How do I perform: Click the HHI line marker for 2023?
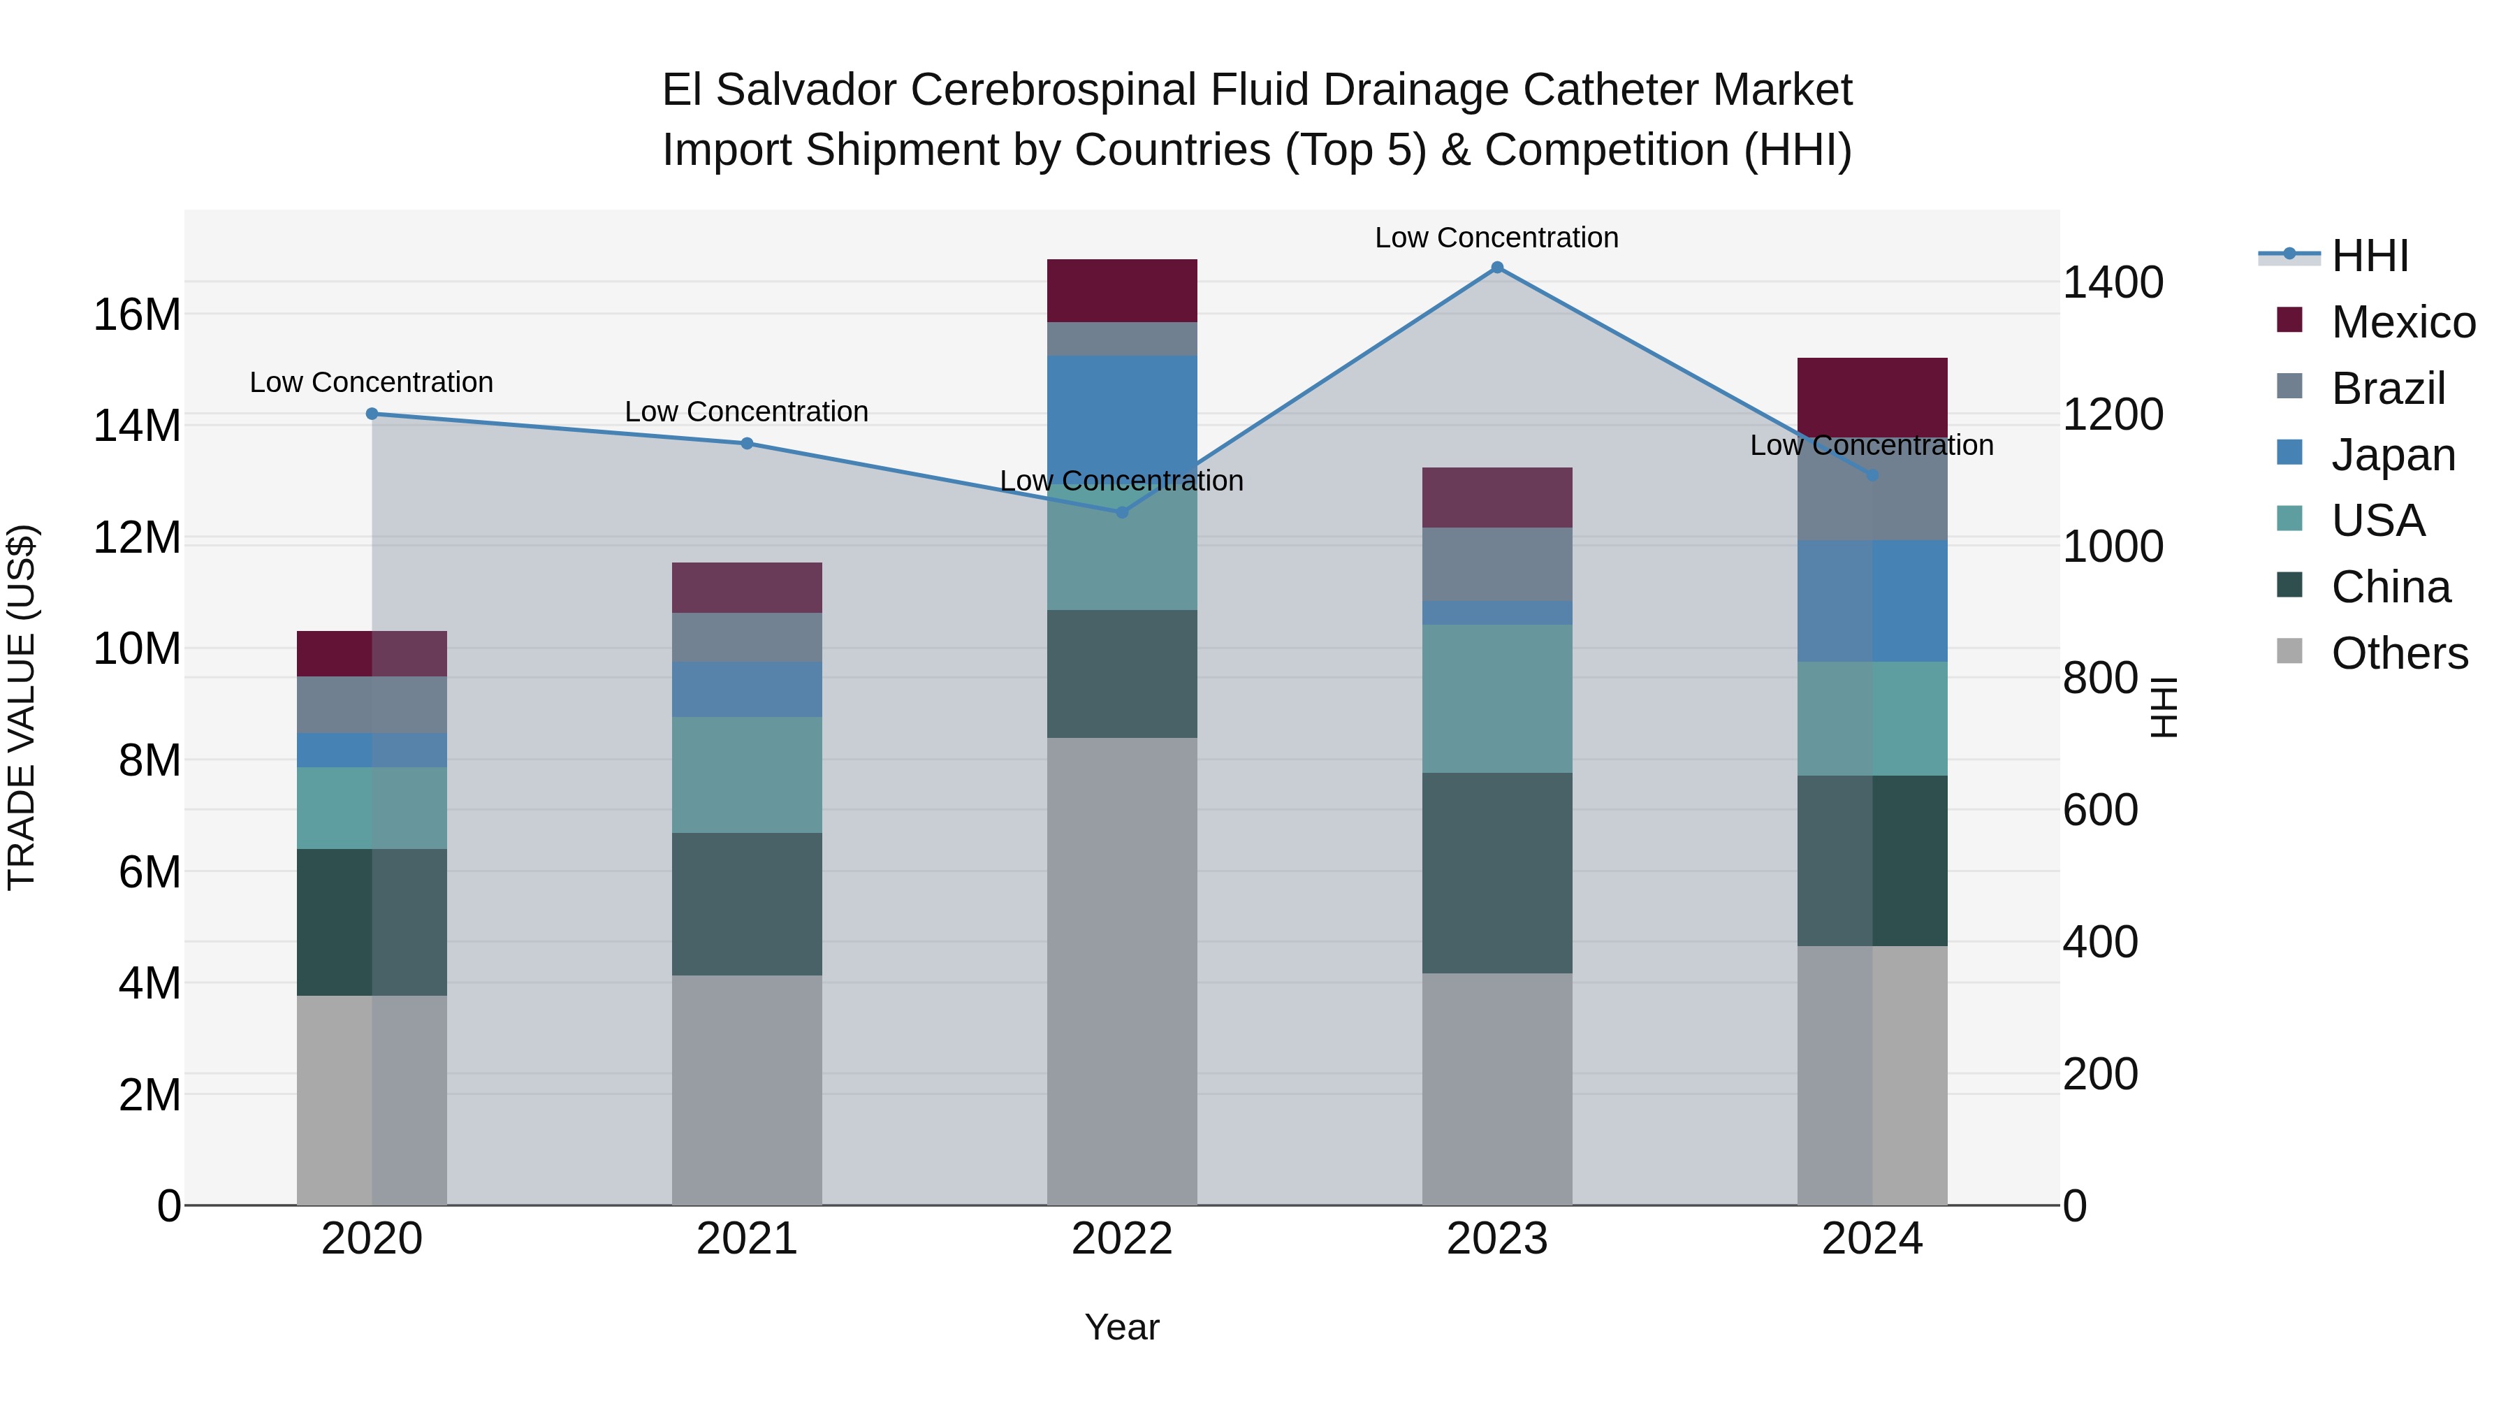[1496, 268]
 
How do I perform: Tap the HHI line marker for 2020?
[372, 414]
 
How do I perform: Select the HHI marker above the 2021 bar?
[747, 443]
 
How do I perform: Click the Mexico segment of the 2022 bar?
[1122, 291]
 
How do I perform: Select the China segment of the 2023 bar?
[1496, 873]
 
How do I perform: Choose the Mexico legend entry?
[2403, 322]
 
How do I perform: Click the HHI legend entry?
[2370, 256]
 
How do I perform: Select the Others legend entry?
[2399, 653]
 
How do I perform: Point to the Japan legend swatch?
[2289, 453]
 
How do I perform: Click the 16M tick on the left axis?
[137, 314]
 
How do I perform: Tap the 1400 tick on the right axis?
[2113, 282]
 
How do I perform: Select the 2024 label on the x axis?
[1872, 1239]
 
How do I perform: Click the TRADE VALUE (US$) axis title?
[22, 707]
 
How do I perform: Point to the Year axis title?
[1122, 1327]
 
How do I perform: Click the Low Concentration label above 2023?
[1496, 238]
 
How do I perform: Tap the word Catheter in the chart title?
[1611, 90]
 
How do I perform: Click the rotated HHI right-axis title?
[2164, 707]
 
